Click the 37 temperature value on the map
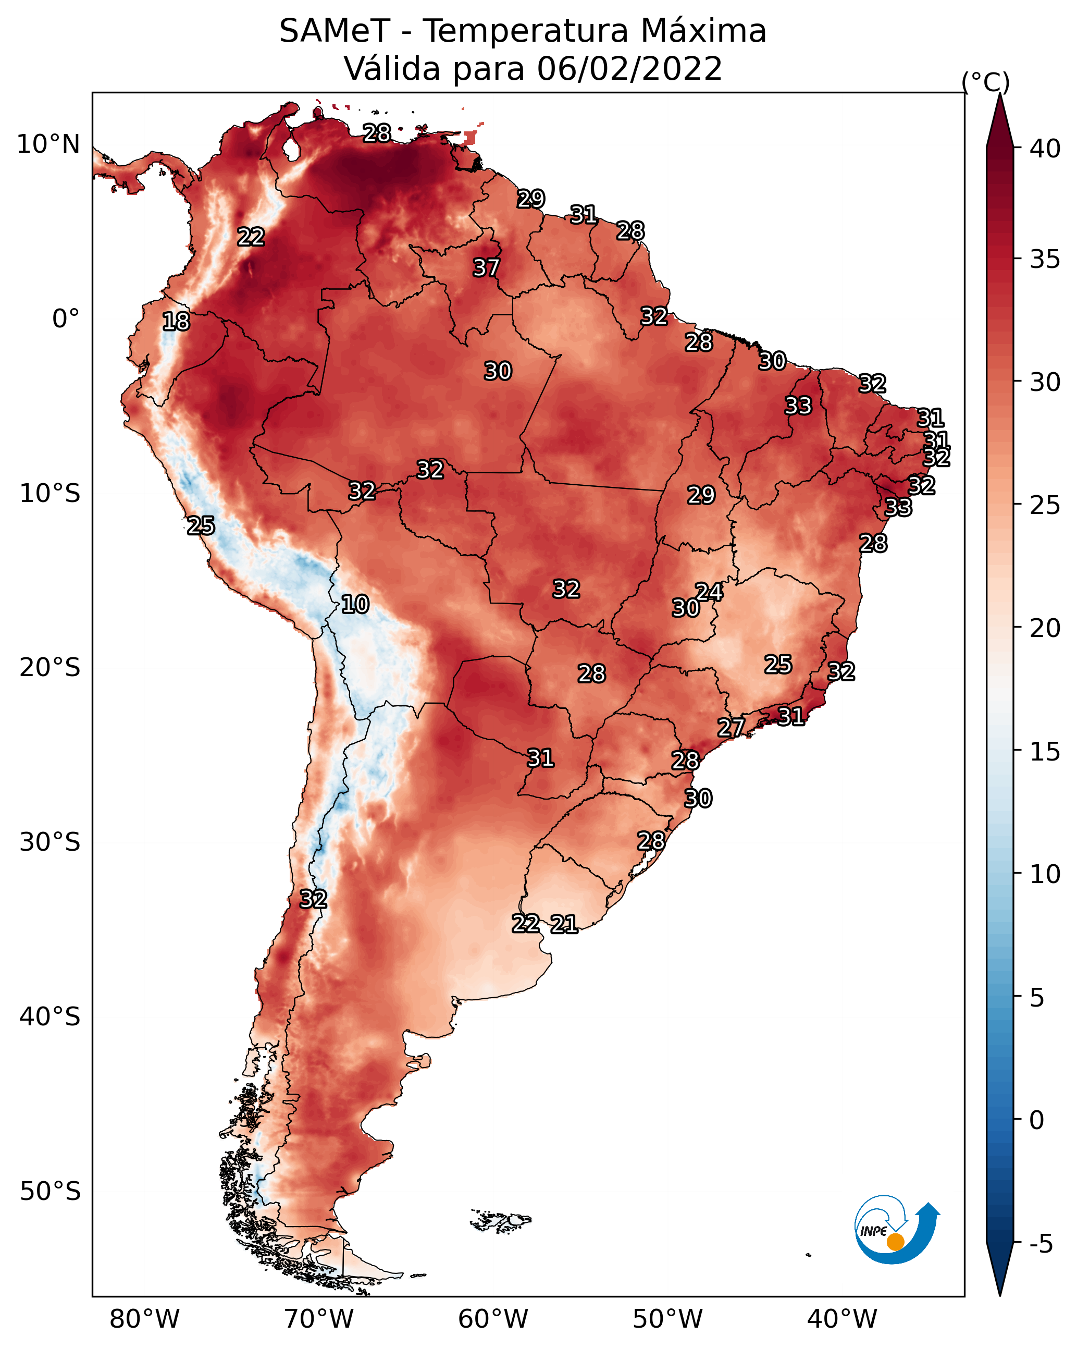[486, 267]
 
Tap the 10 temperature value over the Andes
[355, 604]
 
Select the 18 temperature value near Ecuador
[176, 322]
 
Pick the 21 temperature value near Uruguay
[564, 924]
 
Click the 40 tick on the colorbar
[1045, 149]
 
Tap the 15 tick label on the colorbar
[1045, 752]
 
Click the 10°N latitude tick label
[48, 144]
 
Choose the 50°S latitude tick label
[50, 1192]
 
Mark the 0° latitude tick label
[66, 319]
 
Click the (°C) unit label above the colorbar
[986, 82]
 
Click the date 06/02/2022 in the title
[629, 69]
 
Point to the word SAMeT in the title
[335, 31]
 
